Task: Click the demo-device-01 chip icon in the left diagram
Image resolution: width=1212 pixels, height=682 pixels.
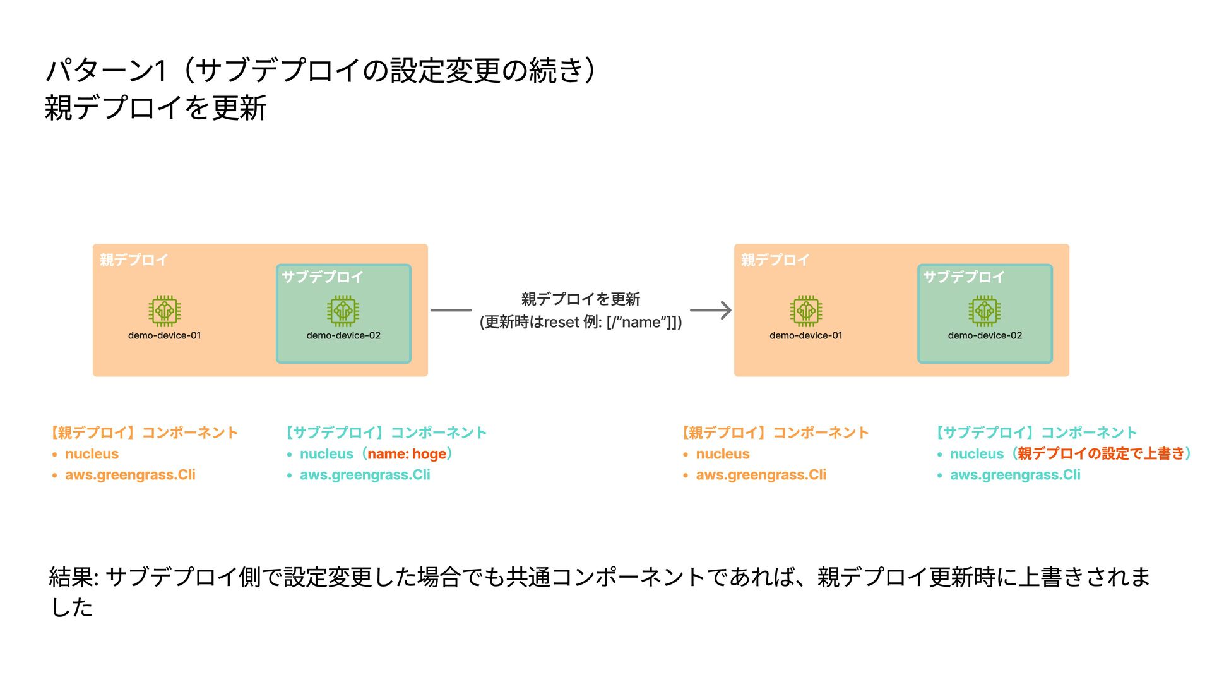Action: point(164,310)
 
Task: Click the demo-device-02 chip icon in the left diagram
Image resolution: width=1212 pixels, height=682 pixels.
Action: point(343,310)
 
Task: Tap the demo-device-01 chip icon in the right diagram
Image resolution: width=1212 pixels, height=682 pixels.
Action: point(805,310)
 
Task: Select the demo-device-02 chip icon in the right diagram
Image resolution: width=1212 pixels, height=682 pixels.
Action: point(984,310)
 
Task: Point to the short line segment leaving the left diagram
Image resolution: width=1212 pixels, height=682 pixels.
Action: point(451,310)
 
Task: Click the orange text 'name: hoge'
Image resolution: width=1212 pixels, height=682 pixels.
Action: point(407,454)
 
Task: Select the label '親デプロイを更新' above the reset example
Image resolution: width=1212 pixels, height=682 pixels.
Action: point(580,299)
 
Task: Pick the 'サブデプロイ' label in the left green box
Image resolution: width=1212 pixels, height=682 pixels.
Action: point(322,277)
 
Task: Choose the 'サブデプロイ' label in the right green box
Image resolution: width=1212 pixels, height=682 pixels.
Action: point(963,277)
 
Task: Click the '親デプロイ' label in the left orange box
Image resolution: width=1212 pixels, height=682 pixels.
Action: point(133,260)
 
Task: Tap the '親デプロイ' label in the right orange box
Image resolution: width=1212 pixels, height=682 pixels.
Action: point(775,260)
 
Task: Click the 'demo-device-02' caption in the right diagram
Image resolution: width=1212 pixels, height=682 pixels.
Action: point(984,335)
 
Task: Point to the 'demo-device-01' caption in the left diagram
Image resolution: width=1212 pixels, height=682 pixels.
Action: point(164,335)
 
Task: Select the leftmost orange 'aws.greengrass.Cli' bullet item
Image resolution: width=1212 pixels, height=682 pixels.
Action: point(130,475)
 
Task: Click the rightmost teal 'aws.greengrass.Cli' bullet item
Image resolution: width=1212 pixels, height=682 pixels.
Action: point(1015,475)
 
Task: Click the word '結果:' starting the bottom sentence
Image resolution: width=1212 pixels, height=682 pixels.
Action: point(73,577)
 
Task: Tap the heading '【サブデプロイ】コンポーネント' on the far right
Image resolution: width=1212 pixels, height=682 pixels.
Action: point(1037,433)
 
